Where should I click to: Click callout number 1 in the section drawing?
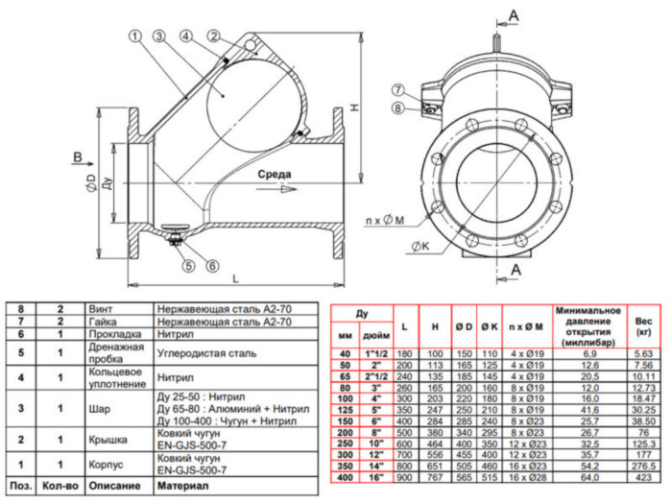pyautogui.click(x=133, y=36)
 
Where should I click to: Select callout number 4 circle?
pyautogui.click(x=184, y=36)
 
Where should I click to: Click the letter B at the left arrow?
pyautogui.click(x=77, y=155)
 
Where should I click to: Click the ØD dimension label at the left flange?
pyautogui.click(x=89, y=185)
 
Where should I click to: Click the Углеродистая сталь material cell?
pyautogui.click(x=206, y=353)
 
